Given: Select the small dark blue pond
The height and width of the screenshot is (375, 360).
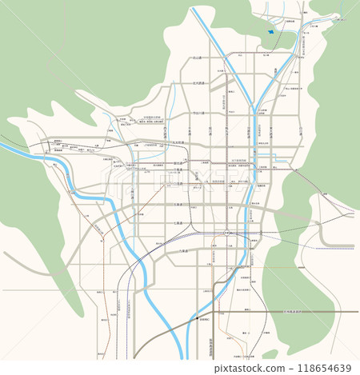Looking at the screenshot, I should pyautogui.click(x=270, y=32).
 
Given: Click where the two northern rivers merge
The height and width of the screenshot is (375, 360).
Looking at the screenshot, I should pyautogui.click(x=254, y=109).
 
